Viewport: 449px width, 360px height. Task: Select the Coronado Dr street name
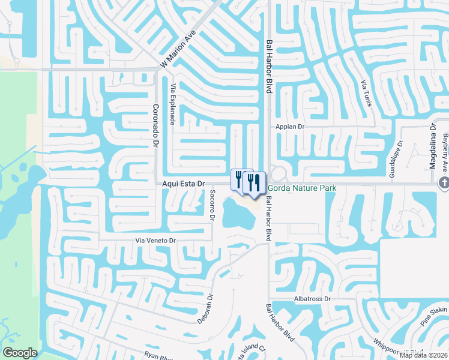[155, 122]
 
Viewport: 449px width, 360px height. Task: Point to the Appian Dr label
[291, 127]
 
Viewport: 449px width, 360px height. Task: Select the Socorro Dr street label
[212, 206]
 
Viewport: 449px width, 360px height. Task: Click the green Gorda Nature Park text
[301, 188]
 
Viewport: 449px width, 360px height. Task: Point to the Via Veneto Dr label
[154, 241]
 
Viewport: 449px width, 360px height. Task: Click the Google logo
[20, 353]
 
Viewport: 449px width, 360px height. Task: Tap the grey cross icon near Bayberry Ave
[444, 184]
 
